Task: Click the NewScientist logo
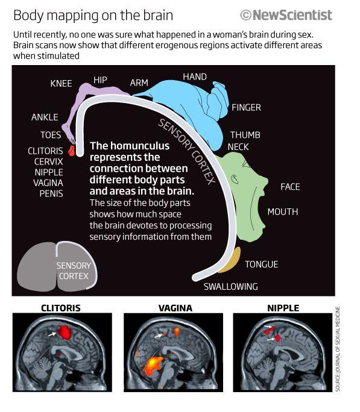click(286, 15)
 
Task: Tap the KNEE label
click(61, 84)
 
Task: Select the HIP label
click(100, 80)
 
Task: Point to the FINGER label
click(246, 107)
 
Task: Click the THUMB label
click(245, 135)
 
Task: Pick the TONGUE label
click(261, 264)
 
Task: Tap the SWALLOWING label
click(230, 286)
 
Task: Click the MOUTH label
click(283, 212)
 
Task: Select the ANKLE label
click(45, 117)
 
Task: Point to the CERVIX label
click(49, 161)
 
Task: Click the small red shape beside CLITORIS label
click(71, 151)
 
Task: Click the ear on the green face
click(235, 179)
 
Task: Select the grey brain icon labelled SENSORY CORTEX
click(57, 266)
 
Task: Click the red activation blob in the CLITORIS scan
click(65, 332)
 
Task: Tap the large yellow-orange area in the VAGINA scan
click(153, 364)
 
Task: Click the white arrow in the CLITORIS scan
click(52, 334)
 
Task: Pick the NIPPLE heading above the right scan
click(283, 308)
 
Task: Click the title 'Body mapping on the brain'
click(93, 15)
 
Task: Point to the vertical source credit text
click(338, 349)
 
